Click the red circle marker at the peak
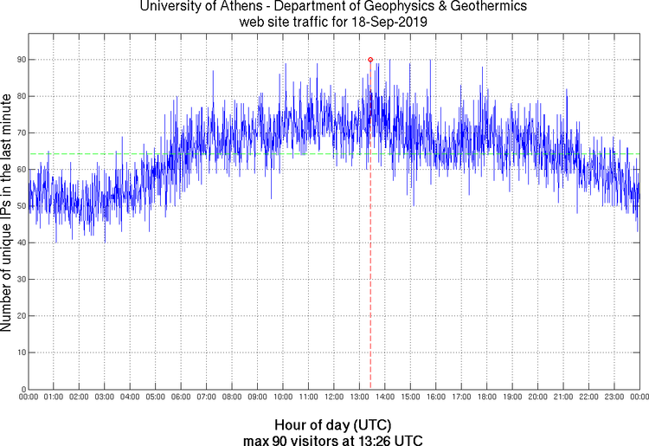click(x=370, y=60)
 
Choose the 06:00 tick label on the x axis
click(x=180, y=398)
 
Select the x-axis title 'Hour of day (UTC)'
click(x=332, y=425)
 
